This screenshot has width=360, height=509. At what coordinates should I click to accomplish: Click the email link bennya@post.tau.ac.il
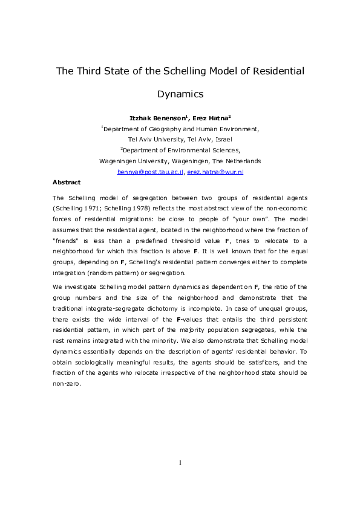(151, 172)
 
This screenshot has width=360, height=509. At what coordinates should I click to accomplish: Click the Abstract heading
(67, 182)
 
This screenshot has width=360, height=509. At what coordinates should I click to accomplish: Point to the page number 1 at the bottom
(180, 463)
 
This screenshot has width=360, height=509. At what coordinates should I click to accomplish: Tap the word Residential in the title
(274, 71)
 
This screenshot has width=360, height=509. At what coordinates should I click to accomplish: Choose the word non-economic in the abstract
(286, 208)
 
